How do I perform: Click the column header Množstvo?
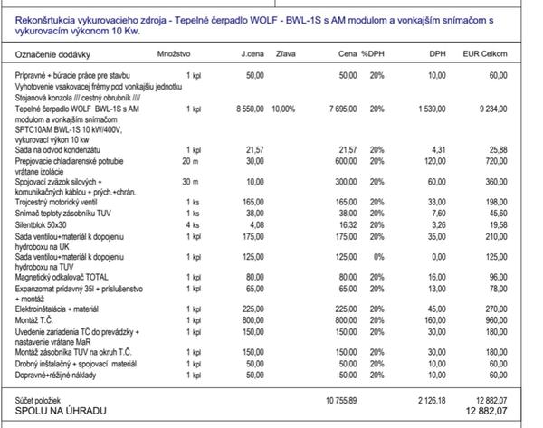173,56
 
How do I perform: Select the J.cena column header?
252,56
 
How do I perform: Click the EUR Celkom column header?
485,56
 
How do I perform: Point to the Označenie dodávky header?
51,56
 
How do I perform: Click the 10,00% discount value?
282,109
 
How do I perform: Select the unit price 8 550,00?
249,109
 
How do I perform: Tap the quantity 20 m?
189,160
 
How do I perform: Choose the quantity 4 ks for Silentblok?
192,224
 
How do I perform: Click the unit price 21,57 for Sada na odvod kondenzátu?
254,149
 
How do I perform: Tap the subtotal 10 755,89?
341,399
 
